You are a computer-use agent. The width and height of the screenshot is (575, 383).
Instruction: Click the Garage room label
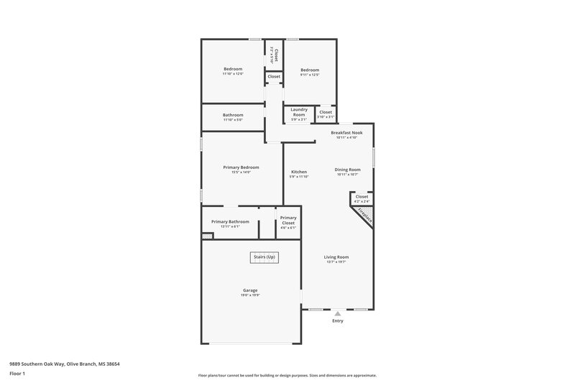click(x=249, y=290)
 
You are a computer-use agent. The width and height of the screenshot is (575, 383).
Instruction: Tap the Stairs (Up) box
click(x=264, y=257)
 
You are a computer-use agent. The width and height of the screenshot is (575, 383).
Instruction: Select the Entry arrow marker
click(x=337, y=313)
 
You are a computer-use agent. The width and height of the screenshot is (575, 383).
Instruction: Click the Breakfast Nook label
click(x=346, y=133)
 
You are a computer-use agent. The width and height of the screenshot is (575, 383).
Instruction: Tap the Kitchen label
click(x=299, y=172)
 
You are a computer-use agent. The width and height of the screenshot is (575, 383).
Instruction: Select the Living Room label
click(x=337, y=257)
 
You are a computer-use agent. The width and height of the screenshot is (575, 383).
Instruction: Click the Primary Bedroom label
click(x=240, y=167)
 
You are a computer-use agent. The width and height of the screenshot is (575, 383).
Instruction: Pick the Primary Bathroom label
click(x=230, y=221)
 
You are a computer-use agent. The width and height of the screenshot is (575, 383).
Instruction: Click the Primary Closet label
click(x=288, y=220)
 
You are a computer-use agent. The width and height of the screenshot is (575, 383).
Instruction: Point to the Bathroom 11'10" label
click(x=233, y=115)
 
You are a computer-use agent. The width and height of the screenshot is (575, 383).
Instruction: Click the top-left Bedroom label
click(x=233, y=69)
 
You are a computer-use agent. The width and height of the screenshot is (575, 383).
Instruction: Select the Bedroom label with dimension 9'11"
click(x=310, y=70)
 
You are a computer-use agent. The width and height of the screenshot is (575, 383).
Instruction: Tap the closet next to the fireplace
click(x=362, y=196)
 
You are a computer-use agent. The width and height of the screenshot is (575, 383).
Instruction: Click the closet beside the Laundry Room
click(x=326, y=112)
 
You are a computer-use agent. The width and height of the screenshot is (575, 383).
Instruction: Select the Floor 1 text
click(x=17, y=374)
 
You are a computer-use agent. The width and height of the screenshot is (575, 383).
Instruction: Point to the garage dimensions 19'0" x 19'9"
click(x=249, y=295)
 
